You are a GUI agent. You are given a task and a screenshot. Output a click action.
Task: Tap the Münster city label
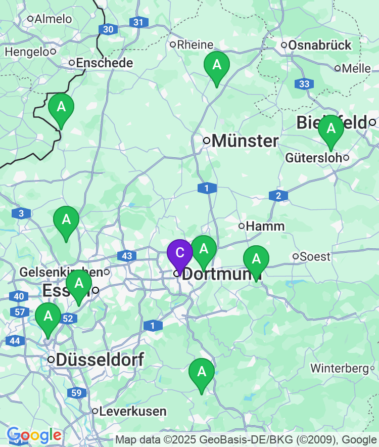pyautogui.click(x=245, y=141)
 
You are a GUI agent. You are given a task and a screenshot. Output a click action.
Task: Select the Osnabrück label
pyautogui.click(x=319, y=46)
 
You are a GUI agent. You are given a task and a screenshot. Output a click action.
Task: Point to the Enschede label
pyautogui.click(x=105, y=63)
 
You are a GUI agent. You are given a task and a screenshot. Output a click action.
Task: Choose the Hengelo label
pyautogui.click(x=27, y=52)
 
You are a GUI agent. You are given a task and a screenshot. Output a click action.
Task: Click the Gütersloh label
pyautogui.click(x=313, y=158)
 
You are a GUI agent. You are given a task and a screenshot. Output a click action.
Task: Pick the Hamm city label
pyautogui.click(x=265, y=226)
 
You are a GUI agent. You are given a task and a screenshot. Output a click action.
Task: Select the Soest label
pyautogui.click(x=315, y=256)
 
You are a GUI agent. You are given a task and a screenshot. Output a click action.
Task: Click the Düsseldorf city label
pyautogui.click(x=100, y=360)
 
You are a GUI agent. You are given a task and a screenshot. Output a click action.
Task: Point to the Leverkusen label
pyautogui.click(x=133, y=411)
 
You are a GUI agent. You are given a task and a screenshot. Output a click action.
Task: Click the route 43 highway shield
pyautogui.click(x=126, y=256)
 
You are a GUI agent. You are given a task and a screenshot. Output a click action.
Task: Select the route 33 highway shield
pyautogui.click(x=305, y=84)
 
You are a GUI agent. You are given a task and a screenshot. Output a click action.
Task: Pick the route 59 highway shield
pyautogui.click(x=77, y=392)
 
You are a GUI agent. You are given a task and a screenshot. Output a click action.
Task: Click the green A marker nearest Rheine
pyautogui.click(x=217, y=66)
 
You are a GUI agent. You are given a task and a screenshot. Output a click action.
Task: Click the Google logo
pyautogui.click(x=34, y=435)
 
